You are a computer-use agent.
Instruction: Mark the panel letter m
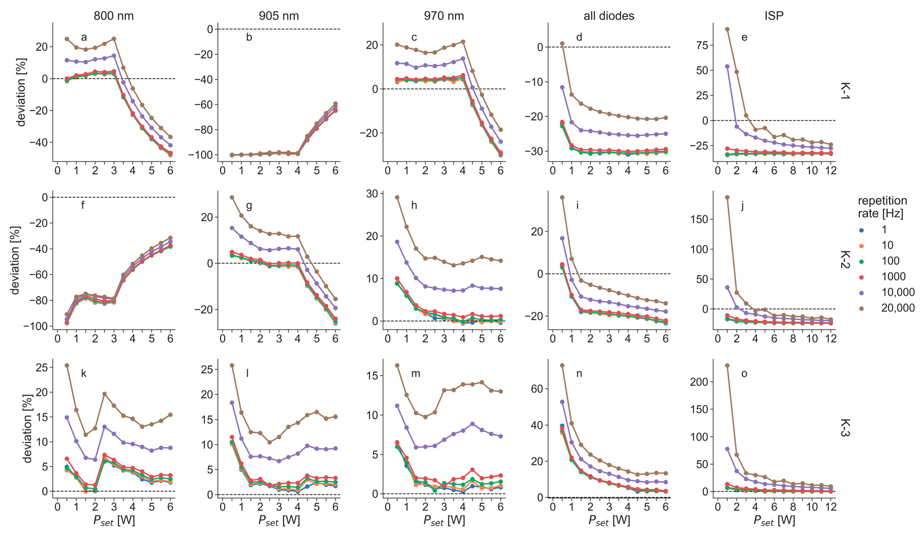tap(415, 374)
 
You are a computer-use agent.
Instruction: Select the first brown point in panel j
tap(727, 197)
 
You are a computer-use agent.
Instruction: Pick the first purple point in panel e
tap(727, 66)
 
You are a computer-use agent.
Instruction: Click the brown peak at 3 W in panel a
tap(114, 38)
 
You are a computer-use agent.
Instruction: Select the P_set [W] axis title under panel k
tap(114, 520)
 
